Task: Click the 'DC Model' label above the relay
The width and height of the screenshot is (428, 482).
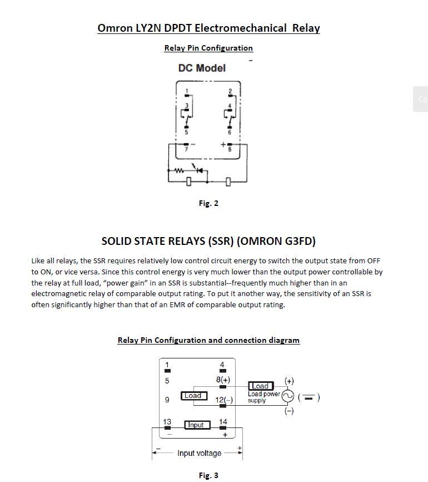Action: point(202,68)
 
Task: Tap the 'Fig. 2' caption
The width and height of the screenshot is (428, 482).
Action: point(208,203)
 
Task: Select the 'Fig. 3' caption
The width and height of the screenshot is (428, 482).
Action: point(208,475)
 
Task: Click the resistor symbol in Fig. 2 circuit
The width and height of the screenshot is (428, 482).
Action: point(179,170)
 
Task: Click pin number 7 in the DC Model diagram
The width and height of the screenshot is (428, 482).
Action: point(186,149)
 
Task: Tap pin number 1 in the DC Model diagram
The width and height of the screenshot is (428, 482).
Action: point(187,91)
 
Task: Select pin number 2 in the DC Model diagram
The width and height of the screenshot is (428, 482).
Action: point(230,91)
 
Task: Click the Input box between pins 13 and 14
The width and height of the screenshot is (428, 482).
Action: point(197,425)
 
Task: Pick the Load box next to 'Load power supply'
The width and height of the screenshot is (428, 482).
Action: point(260,386)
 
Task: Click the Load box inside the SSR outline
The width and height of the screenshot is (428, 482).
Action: point(193,396)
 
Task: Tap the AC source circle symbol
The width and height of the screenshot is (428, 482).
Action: point(287,396)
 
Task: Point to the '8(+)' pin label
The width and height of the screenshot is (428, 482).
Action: point(223,380)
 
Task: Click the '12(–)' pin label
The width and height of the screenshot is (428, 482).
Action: point(223,400)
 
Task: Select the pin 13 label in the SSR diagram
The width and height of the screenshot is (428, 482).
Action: point(167,422)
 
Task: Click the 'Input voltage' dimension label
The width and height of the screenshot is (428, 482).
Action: point(199,453)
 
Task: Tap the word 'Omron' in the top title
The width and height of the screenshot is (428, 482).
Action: point(115,28)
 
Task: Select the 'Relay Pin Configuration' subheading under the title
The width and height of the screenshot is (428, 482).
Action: point(208,48)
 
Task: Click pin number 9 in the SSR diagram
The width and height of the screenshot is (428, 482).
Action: point(167,400)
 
